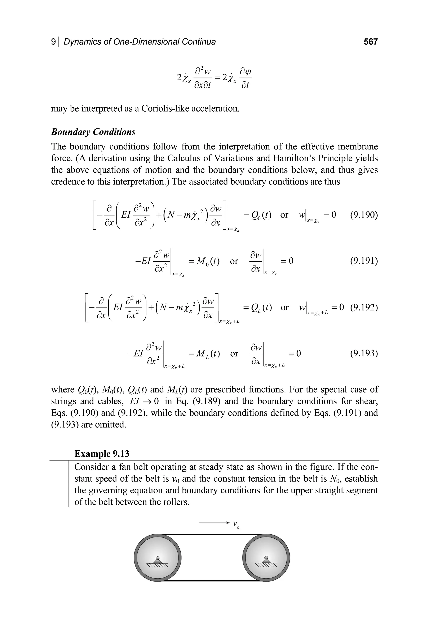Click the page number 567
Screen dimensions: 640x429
370,42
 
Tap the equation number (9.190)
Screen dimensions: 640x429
364,215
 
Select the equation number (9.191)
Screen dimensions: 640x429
364,261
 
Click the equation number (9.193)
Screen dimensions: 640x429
364,353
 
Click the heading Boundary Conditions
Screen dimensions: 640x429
93,132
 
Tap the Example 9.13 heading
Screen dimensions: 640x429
102,454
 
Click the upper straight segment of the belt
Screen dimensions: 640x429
212,534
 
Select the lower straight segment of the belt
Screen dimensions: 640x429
212,581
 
